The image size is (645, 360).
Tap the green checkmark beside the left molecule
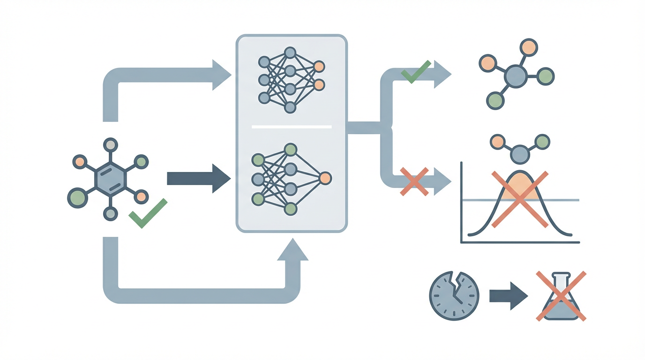(148, 213)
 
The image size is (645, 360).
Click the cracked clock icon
(454, 296)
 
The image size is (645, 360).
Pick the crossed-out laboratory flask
(561, 296)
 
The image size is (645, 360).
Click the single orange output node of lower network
(325, 178)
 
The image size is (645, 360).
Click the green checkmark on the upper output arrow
(416, 71)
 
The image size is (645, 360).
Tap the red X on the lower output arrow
(414, 181)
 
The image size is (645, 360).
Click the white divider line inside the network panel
(292, 127)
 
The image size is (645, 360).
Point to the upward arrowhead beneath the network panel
(292, 250)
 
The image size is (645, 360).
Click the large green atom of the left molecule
(77, 198)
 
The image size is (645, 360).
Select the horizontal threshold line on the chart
(562, 201)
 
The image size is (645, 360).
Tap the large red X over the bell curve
(520, 199)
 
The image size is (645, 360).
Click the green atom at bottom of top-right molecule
(495, 101)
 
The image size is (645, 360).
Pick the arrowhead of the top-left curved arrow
(221, 75)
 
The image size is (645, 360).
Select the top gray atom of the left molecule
(110, 145)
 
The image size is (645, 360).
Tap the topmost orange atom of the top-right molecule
(529, 47)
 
